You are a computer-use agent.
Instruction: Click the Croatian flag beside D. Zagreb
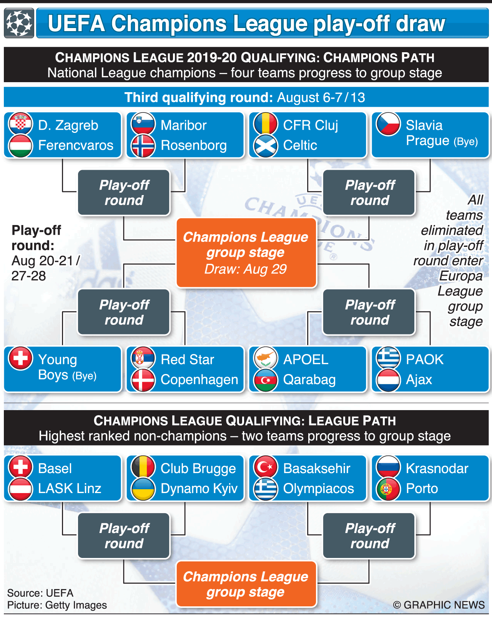point(20,124)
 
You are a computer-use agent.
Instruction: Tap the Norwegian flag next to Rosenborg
point(143,146)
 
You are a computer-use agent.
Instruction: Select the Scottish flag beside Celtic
point(266,146)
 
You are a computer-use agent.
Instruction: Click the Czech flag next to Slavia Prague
point(388,124)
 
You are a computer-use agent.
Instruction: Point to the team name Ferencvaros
point(76,146)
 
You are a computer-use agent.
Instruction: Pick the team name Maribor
point(183,126)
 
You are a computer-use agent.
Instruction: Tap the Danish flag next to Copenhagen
point(143,380)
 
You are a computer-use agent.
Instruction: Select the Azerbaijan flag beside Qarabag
point(266,380)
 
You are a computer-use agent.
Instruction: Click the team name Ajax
point(419,380)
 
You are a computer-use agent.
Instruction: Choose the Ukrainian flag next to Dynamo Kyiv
point(143,489)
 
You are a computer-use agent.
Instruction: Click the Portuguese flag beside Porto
point(388,489)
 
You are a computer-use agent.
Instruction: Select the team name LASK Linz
point(70,488)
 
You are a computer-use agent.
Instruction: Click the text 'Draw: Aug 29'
point(246,269)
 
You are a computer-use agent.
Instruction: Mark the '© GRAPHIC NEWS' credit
point(439,605)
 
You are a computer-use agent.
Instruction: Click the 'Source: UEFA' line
point(40,593)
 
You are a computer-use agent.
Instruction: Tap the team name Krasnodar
point(437,468)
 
